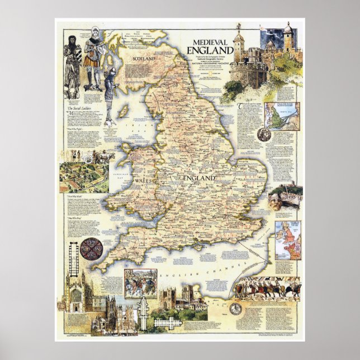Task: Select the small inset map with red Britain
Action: tap(288, 239)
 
